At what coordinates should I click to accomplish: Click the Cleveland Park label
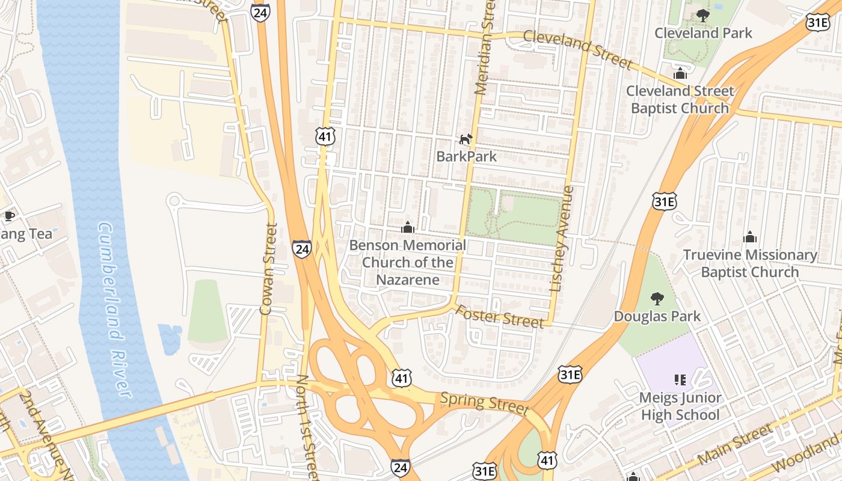(703, 33)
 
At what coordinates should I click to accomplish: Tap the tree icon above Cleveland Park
(702, 16)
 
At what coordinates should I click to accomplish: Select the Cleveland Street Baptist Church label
(680, 100)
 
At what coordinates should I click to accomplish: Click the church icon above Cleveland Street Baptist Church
(680, 74)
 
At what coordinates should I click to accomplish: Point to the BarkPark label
(467, 156)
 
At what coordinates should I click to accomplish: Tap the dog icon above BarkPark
(466, 139)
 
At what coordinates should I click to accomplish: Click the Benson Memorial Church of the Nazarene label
(408, 262)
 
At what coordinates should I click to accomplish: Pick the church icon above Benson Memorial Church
(408, 228)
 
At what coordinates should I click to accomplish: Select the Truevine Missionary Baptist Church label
(750, 263)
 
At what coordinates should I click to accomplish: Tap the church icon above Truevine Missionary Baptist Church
(749, 237)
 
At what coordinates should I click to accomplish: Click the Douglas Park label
(657, 316)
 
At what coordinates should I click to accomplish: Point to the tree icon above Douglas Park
(657, 299)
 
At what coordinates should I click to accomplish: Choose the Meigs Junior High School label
(680, 406)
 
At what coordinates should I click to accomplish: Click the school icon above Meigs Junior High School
(680, 380)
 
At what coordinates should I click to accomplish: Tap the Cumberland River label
(114, 310)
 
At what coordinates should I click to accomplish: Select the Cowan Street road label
(268, 269)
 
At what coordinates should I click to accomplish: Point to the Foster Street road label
(499, 317)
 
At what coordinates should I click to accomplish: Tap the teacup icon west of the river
(8, 216)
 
